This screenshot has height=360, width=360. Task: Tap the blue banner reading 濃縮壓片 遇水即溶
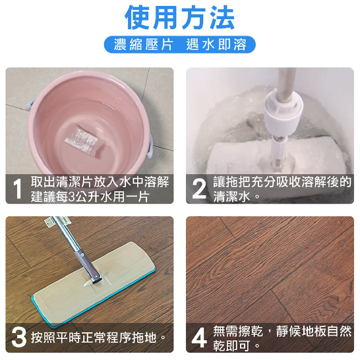pos(179,45)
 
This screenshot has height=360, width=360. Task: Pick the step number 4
pos(199,338)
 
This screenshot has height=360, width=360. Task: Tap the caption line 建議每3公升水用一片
pos(93,196)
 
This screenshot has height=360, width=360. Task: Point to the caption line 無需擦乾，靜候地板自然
pos(282,331)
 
